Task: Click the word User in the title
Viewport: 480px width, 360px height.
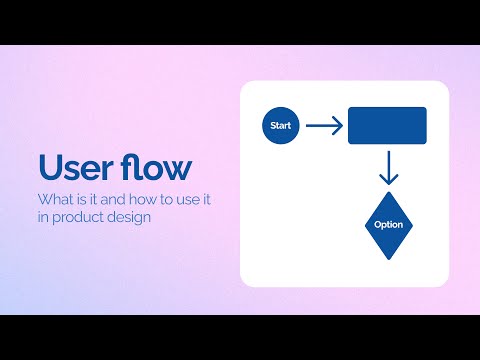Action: pos(74,166)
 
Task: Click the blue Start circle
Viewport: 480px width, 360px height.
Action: pos(281,126)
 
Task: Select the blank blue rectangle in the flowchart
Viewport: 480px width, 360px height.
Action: pos(387,126)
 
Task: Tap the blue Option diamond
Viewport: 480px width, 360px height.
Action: pos(388,225)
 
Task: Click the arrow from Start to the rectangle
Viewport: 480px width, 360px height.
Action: pos(323,126)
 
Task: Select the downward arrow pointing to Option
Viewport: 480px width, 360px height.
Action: pos(388,168)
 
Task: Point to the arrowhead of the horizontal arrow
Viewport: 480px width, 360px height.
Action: pos(338,126)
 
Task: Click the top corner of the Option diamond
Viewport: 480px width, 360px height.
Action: pos(388,192)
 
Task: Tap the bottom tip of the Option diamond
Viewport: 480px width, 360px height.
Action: pos(388,259)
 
